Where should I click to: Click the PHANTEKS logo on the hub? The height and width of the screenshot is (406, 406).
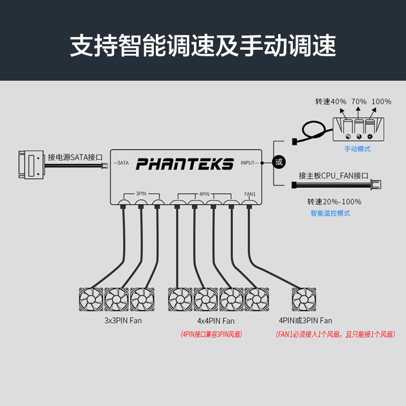(185, 163)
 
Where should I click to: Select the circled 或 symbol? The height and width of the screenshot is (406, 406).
(278, 162)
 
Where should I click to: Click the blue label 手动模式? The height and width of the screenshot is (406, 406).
(358, 149)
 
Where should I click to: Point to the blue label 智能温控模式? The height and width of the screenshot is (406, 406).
(330, 213)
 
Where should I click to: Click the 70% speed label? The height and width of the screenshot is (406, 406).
(358, 101)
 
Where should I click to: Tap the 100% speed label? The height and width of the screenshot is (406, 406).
(381, 101)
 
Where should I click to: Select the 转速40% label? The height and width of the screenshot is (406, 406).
(330, 101)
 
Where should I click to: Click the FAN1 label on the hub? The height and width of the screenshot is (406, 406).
(249, 194)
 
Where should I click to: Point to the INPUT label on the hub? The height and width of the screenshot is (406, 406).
(248, 163)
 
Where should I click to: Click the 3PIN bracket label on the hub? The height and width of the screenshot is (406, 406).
(142, 194)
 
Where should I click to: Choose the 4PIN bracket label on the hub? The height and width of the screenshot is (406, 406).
(205, 194)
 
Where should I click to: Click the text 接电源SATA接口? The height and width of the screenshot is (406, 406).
(75, 157)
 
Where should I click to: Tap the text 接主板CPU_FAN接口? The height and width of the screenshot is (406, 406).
(333, 176)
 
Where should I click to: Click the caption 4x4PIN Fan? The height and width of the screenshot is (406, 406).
(216, 321)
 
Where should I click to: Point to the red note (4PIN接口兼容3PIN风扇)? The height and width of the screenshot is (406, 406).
(211, 334)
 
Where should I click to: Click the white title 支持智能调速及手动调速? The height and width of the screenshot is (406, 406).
(203, 46)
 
